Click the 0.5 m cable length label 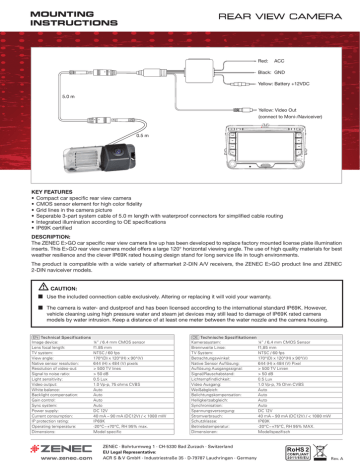pyautogui.click(x=141, y=134)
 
